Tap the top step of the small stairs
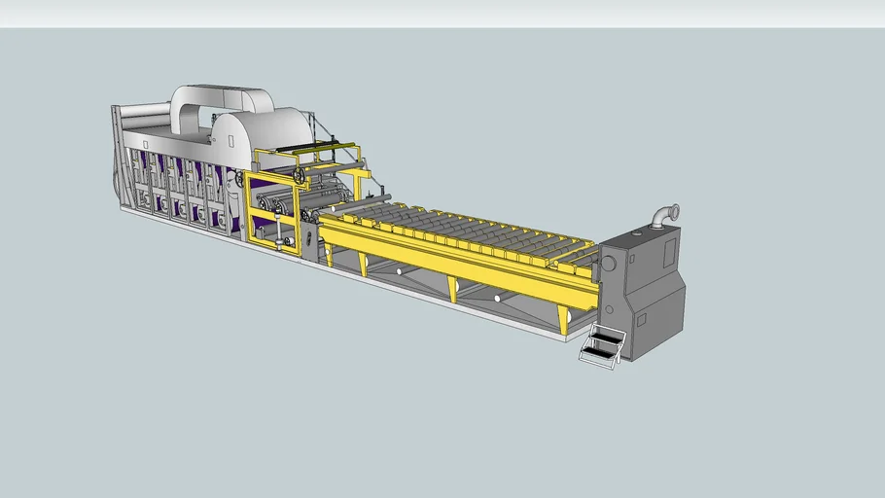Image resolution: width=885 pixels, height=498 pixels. pos(607,337)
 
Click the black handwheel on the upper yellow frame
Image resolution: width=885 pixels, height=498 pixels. pos(300,176)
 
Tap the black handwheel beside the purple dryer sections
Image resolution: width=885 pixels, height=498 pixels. pos(239,181)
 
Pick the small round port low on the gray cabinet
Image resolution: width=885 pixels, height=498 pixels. pos(609,309)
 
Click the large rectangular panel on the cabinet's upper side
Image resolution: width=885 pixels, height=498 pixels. pos(669,252)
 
